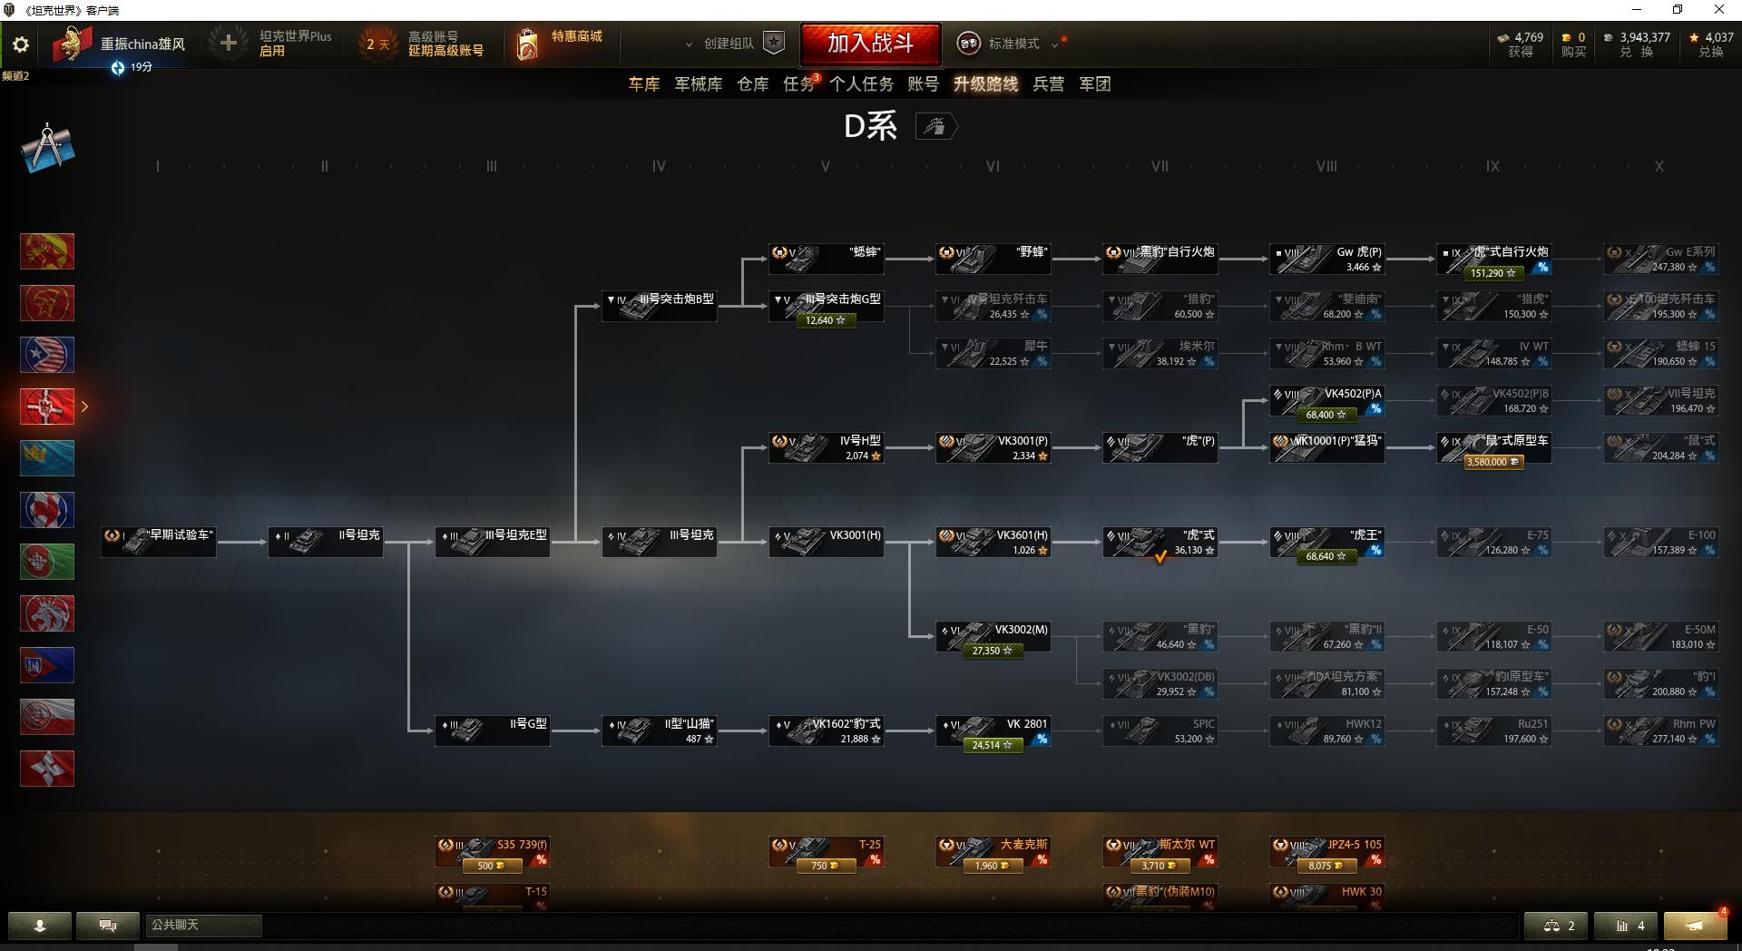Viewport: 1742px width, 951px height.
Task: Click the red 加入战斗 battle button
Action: (870, 44)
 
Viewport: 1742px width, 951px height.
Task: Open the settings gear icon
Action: (21, 44)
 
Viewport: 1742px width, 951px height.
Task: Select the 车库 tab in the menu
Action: (643, 84)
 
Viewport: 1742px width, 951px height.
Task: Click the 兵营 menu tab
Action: (1048, 84)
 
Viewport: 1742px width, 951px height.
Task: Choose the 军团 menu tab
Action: (1094, 84)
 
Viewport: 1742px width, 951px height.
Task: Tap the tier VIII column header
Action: (1326, 167)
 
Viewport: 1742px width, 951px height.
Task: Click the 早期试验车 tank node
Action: (159, 542)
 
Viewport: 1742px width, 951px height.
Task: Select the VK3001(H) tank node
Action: (827, 542)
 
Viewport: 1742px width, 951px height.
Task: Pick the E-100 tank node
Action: (1660, 542)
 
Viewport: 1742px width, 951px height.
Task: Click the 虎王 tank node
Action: (1326, 542)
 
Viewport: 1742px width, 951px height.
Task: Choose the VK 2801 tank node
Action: (993, 730)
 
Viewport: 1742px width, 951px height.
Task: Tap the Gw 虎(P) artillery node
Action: (1326, 259)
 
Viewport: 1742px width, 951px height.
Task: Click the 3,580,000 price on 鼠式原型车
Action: (1492, 462)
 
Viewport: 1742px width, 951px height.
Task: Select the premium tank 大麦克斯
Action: (993, 851)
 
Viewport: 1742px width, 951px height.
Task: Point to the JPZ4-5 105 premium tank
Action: (1326, 851)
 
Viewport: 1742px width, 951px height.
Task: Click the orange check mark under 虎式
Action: (1160, 557)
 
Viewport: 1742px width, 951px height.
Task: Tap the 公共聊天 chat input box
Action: (203, 926)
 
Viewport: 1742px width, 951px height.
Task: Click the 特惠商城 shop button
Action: (559, 44)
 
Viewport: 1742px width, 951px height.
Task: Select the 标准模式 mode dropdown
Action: (1013, 44)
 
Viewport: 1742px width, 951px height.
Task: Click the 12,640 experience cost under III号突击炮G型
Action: (825, 320)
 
